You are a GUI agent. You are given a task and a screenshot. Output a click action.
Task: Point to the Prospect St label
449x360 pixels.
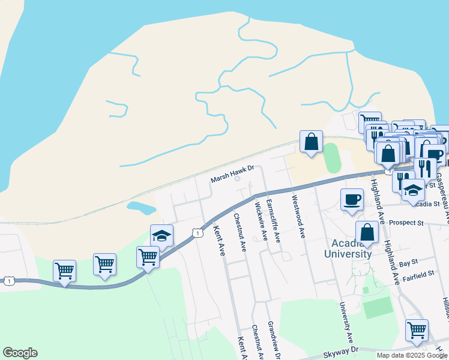point(406,223)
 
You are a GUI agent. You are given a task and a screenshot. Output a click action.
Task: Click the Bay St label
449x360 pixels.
point(408,263)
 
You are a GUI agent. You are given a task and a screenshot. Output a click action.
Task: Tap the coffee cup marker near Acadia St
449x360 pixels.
point(352,199)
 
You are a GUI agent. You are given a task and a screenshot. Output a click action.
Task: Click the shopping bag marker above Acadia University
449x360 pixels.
point(367,232)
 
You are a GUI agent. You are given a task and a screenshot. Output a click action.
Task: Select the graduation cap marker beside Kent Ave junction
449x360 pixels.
point(161,235)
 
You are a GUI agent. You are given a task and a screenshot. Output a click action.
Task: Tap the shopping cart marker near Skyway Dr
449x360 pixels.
point(417,329)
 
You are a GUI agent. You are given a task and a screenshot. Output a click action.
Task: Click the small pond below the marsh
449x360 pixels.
point(140,208)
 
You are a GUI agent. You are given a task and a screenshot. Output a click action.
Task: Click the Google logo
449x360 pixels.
point(20,353)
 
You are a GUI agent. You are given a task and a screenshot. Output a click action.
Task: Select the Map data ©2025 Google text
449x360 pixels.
point(412,355)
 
